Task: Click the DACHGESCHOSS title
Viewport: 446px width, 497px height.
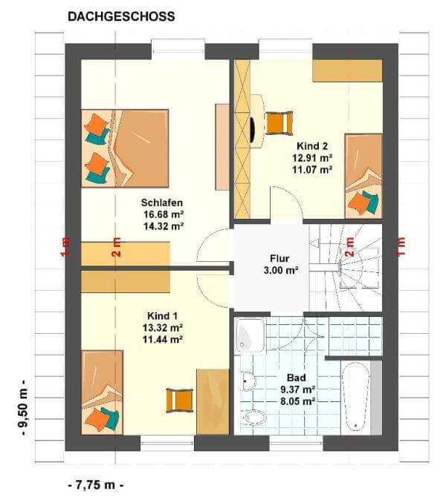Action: (x=121, y=16)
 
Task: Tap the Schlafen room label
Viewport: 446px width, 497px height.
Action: (x=162, y=203)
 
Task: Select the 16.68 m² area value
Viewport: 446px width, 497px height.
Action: (x=164, y=214)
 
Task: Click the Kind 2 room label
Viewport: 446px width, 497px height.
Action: (x=312, y=146)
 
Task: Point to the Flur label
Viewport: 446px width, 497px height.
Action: (x=279, y=258)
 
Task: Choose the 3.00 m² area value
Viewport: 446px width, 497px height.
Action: (x=281, y=270)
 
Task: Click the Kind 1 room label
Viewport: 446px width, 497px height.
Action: (x=162, y=316)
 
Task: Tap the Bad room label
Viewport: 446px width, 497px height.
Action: (x=297, y=378)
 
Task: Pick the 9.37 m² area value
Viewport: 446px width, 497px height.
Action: (x=297, y=389)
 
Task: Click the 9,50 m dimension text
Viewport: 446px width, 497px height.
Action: (x=24, y=408)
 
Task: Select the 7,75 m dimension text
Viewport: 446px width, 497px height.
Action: (x=96, y=484)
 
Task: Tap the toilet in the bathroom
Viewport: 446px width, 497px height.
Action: (x=253, y=418)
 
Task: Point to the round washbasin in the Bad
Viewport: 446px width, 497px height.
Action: (x=248, y=381)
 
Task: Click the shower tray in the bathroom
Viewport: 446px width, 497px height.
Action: (x=250, y=335)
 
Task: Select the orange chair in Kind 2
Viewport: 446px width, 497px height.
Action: (x=279, y=123)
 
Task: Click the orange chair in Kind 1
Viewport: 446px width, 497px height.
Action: (x=180, y=400)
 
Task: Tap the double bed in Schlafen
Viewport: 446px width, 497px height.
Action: (x=125, y=148)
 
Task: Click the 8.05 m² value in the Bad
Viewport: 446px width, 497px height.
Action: (x=297, y=401)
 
